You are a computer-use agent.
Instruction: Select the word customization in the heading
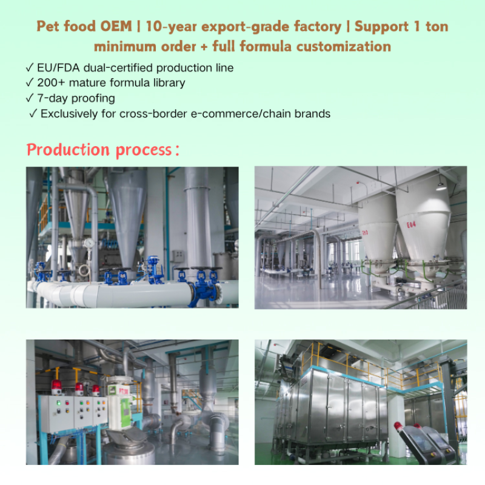click(349, 46)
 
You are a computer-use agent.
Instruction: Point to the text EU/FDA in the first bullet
click(56, 68)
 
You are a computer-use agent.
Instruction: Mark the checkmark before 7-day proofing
click(29, 98)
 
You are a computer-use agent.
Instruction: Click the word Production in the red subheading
click(67, 150)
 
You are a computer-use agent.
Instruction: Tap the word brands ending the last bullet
click(313, 113)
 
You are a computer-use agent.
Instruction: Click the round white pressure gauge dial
click(90, 243)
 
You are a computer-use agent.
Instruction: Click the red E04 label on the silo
click(411, 225)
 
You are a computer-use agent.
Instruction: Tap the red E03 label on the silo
click(365, 232)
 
